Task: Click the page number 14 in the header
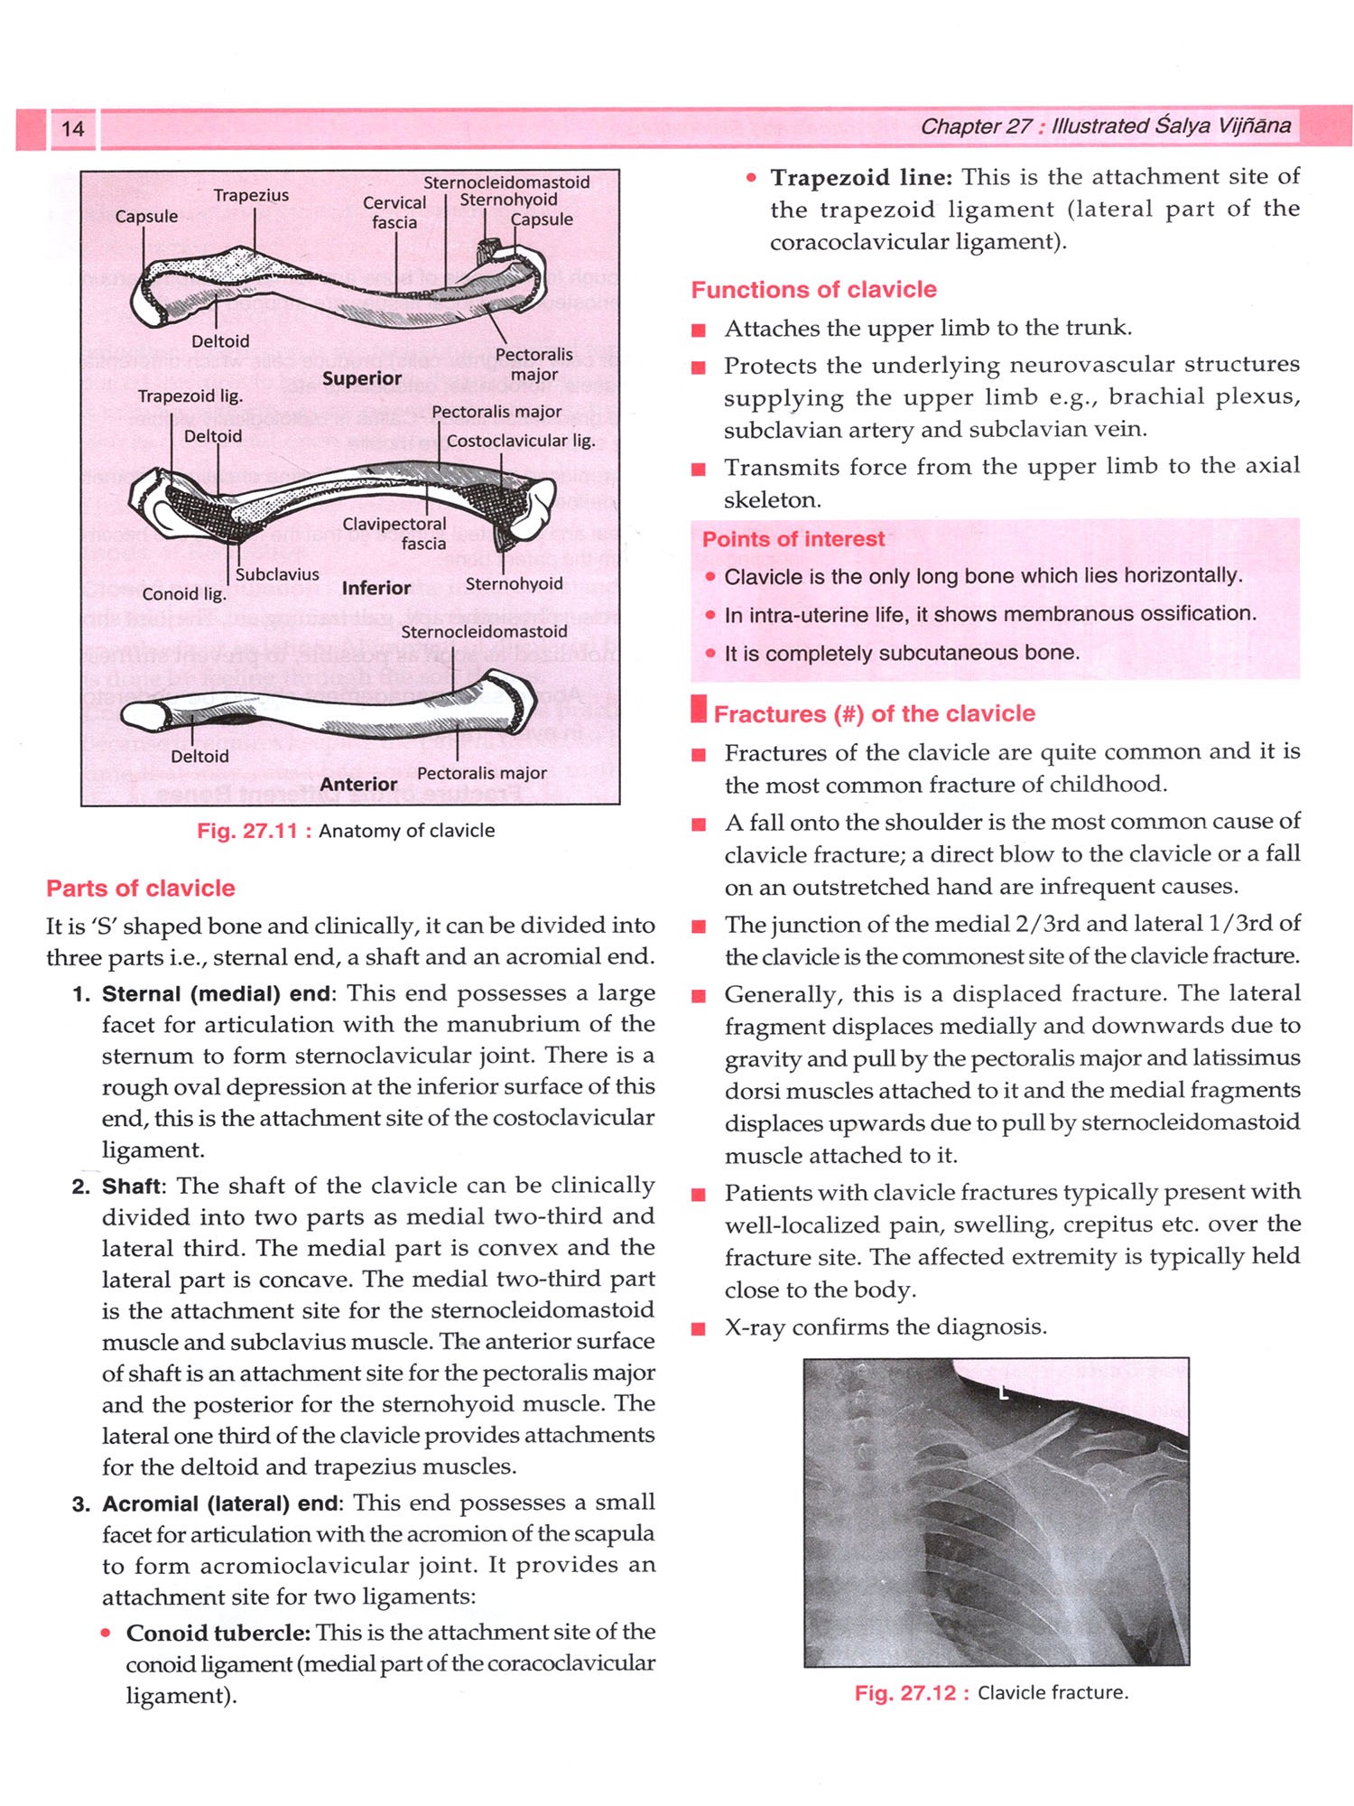tap(72, 128)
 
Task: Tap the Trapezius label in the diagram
tap(251, 195)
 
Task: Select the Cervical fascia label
tap(394, 212)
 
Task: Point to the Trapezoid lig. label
tap(190, 396)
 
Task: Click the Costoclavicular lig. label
tap(521, 441)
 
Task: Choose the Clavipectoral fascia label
tap(394, 533)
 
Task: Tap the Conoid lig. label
tap(184, 593)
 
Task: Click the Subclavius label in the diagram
tap(277, 574)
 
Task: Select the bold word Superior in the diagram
tap(362, 378)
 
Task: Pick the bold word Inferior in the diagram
tap(376, 588)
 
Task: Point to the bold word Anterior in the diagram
tap(358, 784)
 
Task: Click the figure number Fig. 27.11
tap(247, 831)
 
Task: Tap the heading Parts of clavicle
tap(141, 888)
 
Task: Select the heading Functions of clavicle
tap(813, 290)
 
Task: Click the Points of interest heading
tap(793, 539)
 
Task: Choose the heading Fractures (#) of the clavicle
tap(874, 713)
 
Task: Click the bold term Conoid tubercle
tap(218, 1633)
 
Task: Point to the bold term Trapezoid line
tap(860, 177)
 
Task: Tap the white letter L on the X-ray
tap(1003, 1393)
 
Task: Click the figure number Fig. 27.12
tap(905, 1692)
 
